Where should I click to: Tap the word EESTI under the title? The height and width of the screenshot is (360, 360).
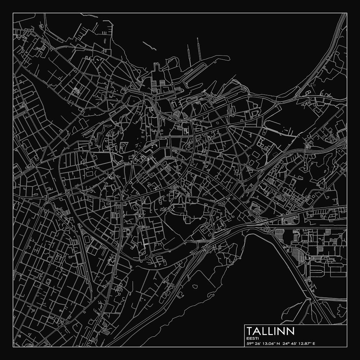pos(251,338)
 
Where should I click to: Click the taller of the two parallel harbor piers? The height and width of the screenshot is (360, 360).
pos(198,49)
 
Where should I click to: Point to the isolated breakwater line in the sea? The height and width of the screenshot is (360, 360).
pos(149,46)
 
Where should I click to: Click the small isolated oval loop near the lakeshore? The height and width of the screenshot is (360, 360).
pos(195,287)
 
